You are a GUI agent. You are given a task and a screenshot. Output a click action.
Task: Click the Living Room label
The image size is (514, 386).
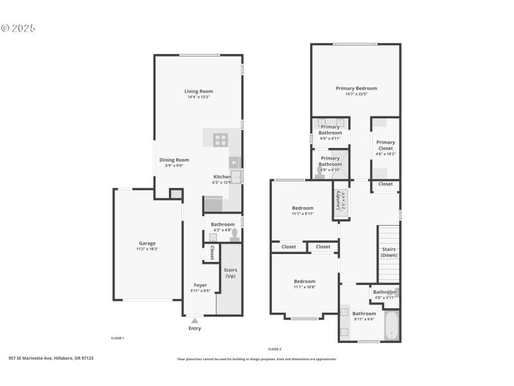pyautogui.click(x=199, y=91)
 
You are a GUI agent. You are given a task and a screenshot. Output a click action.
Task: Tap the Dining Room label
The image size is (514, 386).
pyautogui.click(x=174, y=160)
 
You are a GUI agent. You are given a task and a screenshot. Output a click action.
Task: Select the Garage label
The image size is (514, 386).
pyautogui.click(x=147, y=243)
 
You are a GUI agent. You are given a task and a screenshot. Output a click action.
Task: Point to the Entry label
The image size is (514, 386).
pyautogui.click(x=195, y=328)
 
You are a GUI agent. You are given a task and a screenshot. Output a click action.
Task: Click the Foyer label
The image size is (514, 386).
pyautogui.click(x=200, y=285)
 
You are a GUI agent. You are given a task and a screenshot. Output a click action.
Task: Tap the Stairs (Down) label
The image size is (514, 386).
pyautogui.click(x=389, y=252)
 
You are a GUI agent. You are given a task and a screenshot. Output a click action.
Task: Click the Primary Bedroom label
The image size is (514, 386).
pyautogui.click(x=356, y=88)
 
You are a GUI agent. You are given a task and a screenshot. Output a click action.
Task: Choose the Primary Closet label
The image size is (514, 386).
pyautogui.click(x=385, y=145)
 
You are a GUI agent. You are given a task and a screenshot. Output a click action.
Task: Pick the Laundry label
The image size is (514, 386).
pyautogui.click(x=337, y=199)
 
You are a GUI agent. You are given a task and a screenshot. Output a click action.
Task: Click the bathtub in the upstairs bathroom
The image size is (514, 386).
pyautogui.click(x=391, y=325)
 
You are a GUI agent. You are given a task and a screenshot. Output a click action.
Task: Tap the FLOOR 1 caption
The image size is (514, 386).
pyautogui.click(x=118, y=338)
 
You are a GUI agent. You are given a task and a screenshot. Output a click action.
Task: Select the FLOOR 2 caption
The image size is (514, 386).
pyautogui.click(x=275, y=349)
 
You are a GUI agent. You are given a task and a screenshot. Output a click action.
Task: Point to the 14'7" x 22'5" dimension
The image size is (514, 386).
pyautogui.click(x=356, y=94)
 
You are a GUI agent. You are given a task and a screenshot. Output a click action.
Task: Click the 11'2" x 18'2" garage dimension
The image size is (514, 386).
pyautogui.click(x=147, y=248)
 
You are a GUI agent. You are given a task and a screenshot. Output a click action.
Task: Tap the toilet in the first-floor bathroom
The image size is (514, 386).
pyautogui.click(x=235, y=234)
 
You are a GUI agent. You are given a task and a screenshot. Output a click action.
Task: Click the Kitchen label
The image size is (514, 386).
pyautogui.click(x=222, y=176)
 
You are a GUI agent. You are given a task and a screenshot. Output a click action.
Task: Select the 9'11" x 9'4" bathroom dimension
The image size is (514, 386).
pyautogui.click(x=364, y=319)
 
